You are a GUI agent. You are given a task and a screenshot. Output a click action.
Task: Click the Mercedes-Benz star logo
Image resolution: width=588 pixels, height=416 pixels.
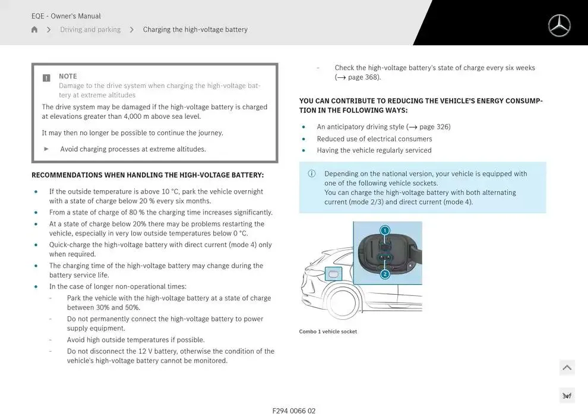click(559, 26)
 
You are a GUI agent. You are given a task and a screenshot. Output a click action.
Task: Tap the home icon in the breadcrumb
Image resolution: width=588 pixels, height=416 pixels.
click(34, 30)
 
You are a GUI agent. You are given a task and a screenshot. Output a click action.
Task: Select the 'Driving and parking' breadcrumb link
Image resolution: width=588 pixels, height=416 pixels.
click(90, 30)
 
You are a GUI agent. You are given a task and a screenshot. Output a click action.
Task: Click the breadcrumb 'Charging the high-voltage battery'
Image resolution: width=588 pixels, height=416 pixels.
click(195, 30)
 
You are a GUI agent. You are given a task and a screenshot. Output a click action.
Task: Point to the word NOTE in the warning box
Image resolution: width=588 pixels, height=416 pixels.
click(68, 76)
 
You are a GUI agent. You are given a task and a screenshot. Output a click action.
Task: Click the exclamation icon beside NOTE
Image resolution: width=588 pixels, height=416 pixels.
click(46, 78)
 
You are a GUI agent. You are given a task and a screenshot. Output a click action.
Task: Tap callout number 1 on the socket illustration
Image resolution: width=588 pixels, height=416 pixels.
click(385, 231)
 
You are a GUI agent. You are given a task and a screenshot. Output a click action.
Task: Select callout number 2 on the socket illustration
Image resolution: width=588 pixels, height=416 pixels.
click(385, 274)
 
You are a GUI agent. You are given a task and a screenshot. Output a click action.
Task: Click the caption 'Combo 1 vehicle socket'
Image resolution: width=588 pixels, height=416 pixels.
click(328, 332)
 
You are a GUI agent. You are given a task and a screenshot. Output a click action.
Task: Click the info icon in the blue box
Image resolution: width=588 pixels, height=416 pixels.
click(311, 174)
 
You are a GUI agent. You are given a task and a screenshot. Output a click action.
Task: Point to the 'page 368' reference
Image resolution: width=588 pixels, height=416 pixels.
click(363, 77)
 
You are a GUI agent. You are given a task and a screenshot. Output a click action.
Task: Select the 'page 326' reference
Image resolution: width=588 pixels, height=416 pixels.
click(434, 127)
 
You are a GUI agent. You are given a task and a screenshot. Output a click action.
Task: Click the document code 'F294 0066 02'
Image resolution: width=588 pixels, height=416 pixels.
click(294, 411)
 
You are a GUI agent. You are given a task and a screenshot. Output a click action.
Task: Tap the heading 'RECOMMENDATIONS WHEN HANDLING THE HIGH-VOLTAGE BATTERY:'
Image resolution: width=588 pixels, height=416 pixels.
click(148, 175)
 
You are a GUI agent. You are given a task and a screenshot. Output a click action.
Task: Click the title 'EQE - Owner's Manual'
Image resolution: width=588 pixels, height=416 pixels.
click(66, 16)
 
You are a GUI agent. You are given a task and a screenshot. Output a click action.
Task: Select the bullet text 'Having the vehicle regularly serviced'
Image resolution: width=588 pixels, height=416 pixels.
click(374, 150)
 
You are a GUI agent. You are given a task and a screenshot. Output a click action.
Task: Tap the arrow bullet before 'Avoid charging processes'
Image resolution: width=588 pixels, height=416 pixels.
click(47, 149)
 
